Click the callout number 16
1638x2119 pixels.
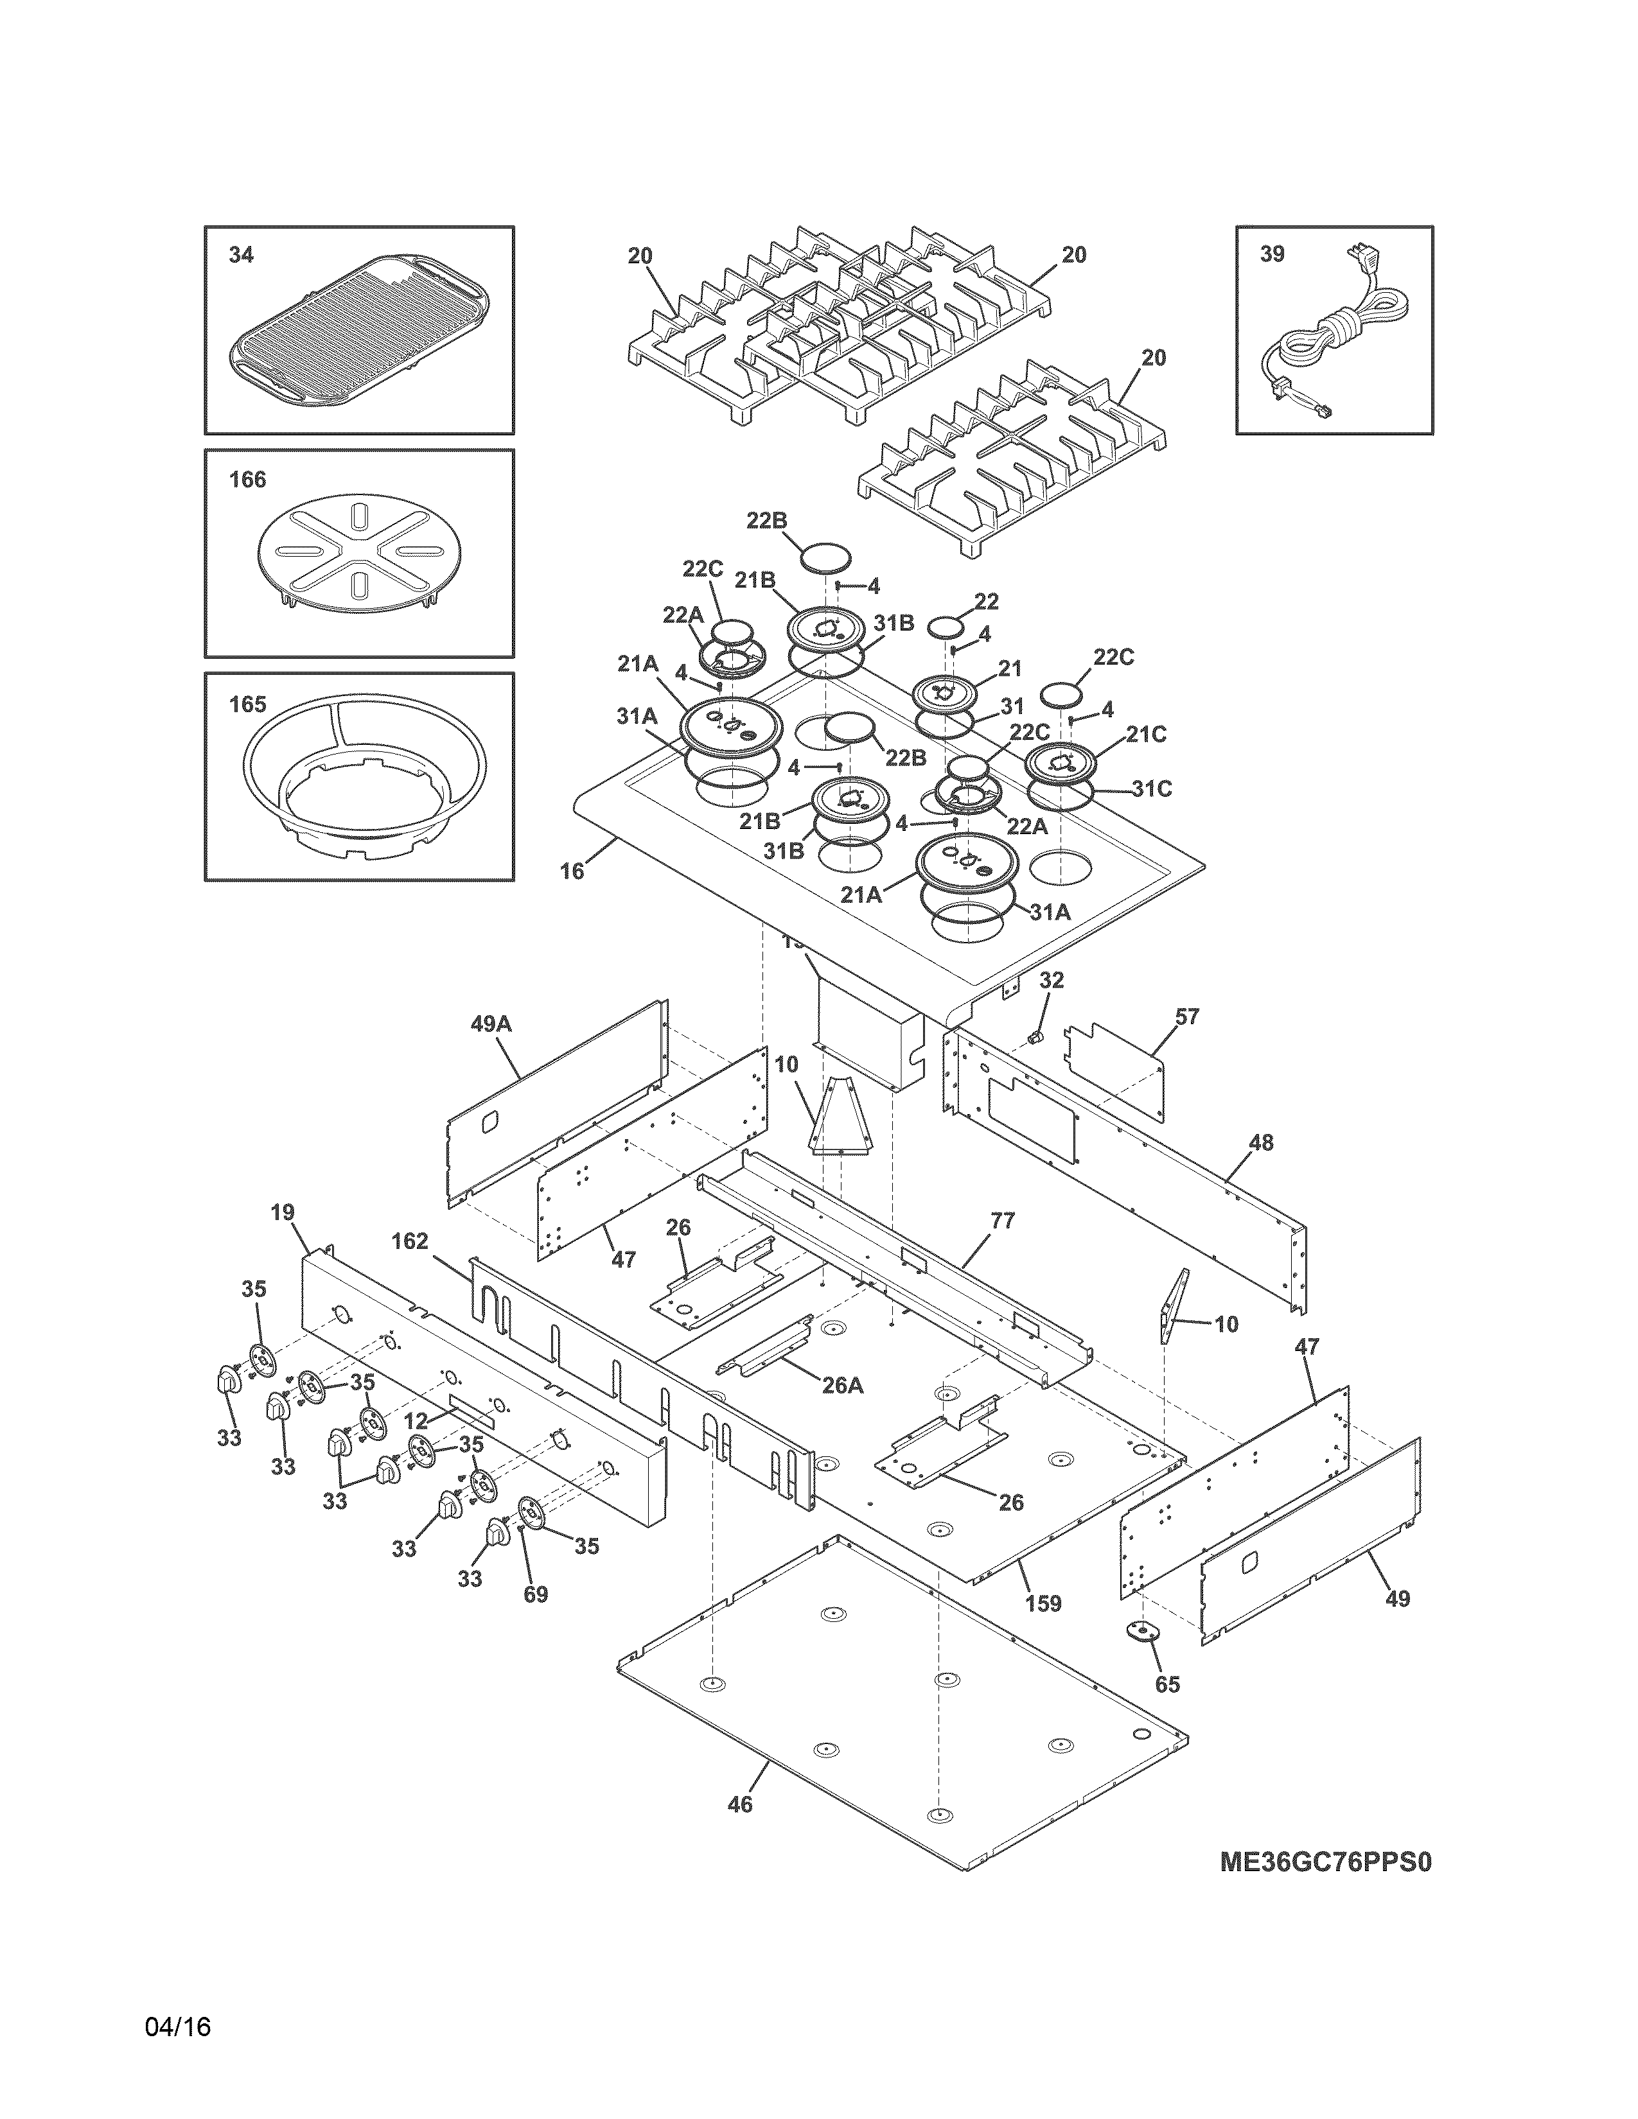coord(572,871)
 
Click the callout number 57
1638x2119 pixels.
coord(1187,1017)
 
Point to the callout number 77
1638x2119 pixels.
coord(1003,1221)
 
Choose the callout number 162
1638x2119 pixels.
coord(410,1241)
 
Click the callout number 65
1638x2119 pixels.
coord(1167,1684)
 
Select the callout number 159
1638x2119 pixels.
coord(1044,1604)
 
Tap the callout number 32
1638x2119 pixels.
coord(1052,980)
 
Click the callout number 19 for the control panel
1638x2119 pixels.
coord(283,1212)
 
